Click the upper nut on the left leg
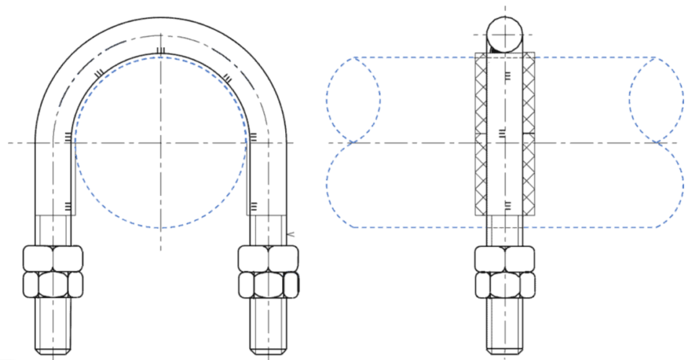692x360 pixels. click(53, 258)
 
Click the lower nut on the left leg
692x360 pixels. click(53, 284)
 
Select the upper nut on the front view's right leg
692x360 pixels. click(268, 258)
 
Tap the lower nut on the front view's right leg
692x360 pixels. click(268, 284)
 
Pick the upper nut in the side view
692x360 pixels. click(504, 258)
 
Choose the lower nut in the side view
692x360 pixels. click(504, 284)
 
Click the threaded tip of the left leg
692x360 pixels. click(53, 341)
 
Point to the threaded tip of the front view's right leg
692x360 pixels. click(268, 341)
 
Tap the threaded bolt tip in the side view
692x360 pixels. click(504, 341)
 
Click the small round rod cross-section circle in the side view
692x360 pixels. click(505, 34)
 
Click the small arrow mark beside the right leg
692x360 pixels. click(290, 234)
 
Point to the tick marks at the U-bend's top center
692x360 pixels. click(160, 51)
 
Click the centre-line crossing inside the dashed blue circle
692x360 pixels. click(161, 143)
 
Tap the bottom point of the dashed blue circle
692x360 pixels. click(161, 228)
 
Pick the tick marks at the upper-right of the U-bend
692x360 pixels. click(227, 80)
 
